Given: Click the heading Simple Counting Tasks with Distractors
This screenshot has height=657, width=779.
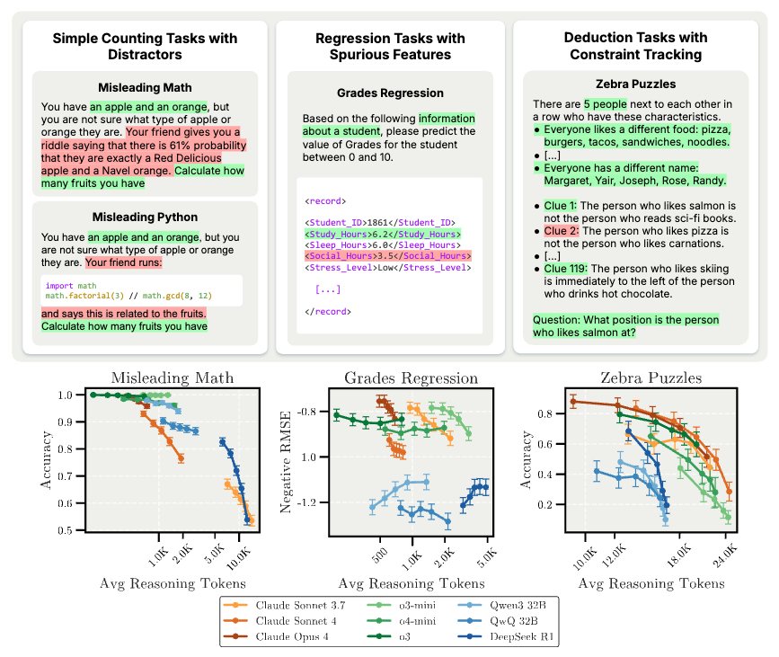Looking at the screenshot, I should (x=145, y=46).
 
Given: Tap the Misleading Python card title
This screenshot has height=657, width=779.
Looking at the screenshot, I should (x=144, y=218).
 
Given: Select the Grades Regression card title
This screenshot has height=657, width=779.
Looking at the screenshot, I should (x=390, y=93).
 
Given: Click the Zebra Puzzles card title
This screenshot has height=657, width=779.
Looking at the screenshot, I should (x=630, y=84).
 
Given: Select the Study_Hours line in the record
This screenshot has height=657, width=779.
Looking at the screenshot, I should (x=383, y=233).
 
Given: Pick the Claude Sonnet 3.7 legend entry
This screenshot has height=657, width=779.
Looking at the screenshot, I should (x=287, y=605).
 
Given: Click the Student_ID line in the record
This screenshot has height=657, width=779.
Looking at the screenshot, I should (x=380, y=221).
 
